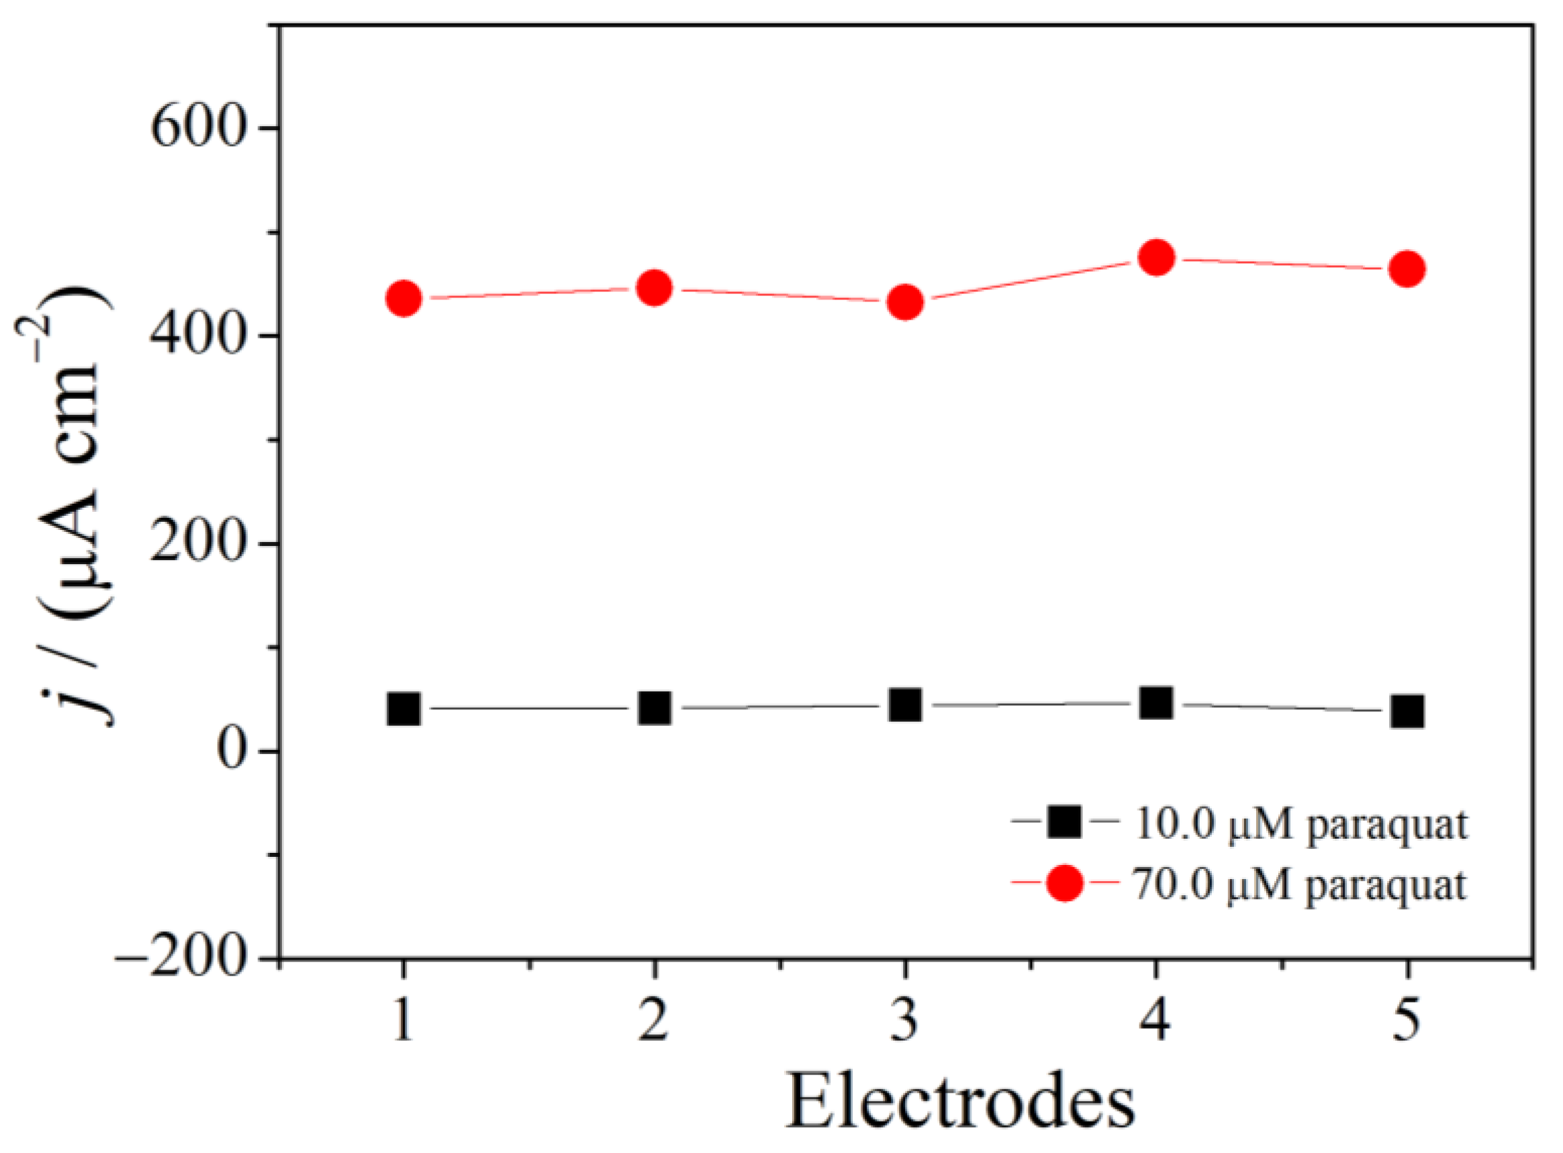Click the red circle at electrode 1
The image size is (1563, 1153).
click(x=404, y=299)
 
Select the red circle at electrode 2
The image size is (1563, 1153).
click(x=654, y=287)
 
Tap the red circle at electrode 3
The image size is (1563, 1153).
click(x=905, y=302)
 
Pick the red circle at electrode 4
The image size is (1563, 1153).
click(x=1155, y=259)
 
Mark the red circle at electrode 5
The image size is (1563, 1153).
click(x=1407, y=269)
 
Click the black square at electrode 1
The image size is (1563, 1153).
click(x=404, y=709)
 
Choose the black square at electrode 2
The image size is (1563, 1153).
click(x=654, y=708)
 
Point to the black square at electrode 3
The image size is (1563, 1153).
click(x=905, y=705)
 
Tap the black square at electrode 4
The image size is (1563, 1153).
click(x=1155, y=703)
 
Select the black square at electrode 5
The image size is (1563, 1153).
click(x=1407, y=712)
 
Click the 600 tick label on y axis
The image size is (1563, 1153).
click(x=199, y=128)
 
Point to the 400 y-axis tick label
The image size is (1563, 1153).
click(x=199, y=336)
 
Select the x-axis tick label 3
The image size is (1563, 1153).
click(x=905, y=1023)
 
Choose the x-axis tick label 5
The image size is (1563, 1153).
click(x=1407, y=1023)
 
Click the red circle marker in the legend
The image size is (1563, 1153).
click(x=1065, y=884)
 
